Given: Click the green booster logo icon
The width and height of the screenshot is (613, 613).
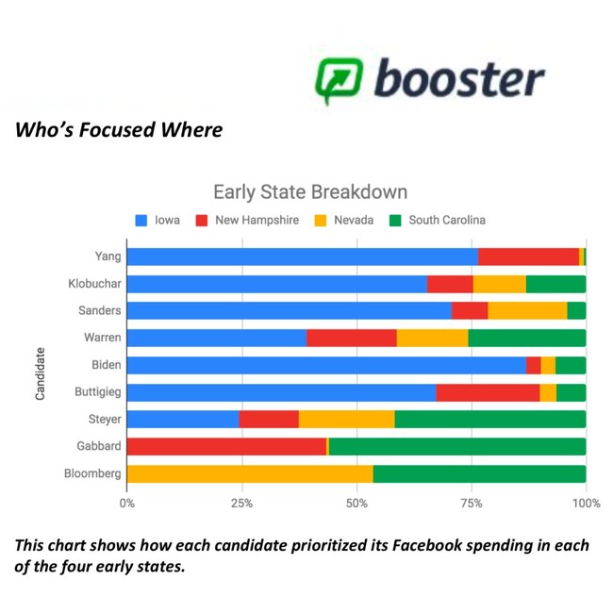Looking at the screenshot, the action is tap(339, 80).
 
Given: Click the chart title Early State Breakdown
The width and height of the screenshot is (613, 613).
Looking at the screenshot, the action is tap(310, 192).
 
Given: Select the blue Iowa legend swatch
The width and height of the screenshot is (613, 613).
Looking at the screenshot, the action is tap(141, 220).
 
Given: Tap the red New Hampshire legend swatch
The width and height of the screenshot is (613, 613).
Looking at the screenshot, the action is tap(202, 220).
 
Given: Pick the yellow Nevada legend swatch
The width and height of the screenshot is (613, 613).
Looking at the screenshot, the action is tap(321, 220).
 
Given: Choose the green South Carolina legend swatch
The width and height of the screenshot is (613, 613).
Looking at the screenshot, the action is tap(396, 220).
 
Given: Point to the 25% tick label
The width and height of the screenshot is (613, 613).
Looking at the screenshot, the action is tap(241, 504).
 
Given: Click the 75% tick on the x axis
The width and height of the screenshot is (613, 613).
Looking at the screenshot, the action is tap(472, 504).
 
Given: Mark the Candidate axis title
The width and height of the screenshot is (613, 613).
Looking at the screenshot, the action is tap(40, 373).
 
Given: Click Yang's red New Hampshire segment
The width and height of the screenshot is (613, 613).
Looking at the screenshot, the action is tap(528, 257).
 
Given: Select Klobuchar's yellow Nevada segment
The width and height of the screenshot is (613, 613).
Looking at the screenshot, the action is tap(500, 284).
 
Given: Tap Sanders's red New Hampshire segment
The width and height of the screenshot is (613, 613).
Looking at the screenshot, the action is tap(470, 311).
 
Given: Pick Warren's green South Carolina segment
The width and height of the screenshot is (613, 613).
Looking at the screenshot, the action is tap(527, 339).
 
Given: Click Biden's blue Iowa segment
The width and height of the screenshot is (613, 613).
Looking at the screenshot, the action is tap(327, 366).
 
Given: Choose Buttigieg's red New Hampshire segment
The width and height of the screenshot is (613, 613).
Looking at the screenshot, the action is tap(488, 393).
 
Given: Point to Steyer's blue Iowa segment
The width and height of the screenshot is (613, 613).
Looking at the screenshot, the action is tap(183, 420).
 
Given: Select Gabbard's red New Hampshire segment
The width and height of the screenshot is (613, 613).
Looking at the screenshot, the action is tap(226, 446).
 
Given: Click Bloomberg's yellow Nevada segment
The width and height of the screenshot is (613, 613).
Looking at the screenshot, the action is tap(250, 473).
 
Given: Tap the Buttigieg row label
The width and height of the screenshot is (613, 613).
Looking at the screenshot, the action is tap(98, 392).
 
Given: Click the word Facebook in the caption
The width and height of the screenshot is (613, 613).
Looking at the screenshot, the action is tap(427, 546).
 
